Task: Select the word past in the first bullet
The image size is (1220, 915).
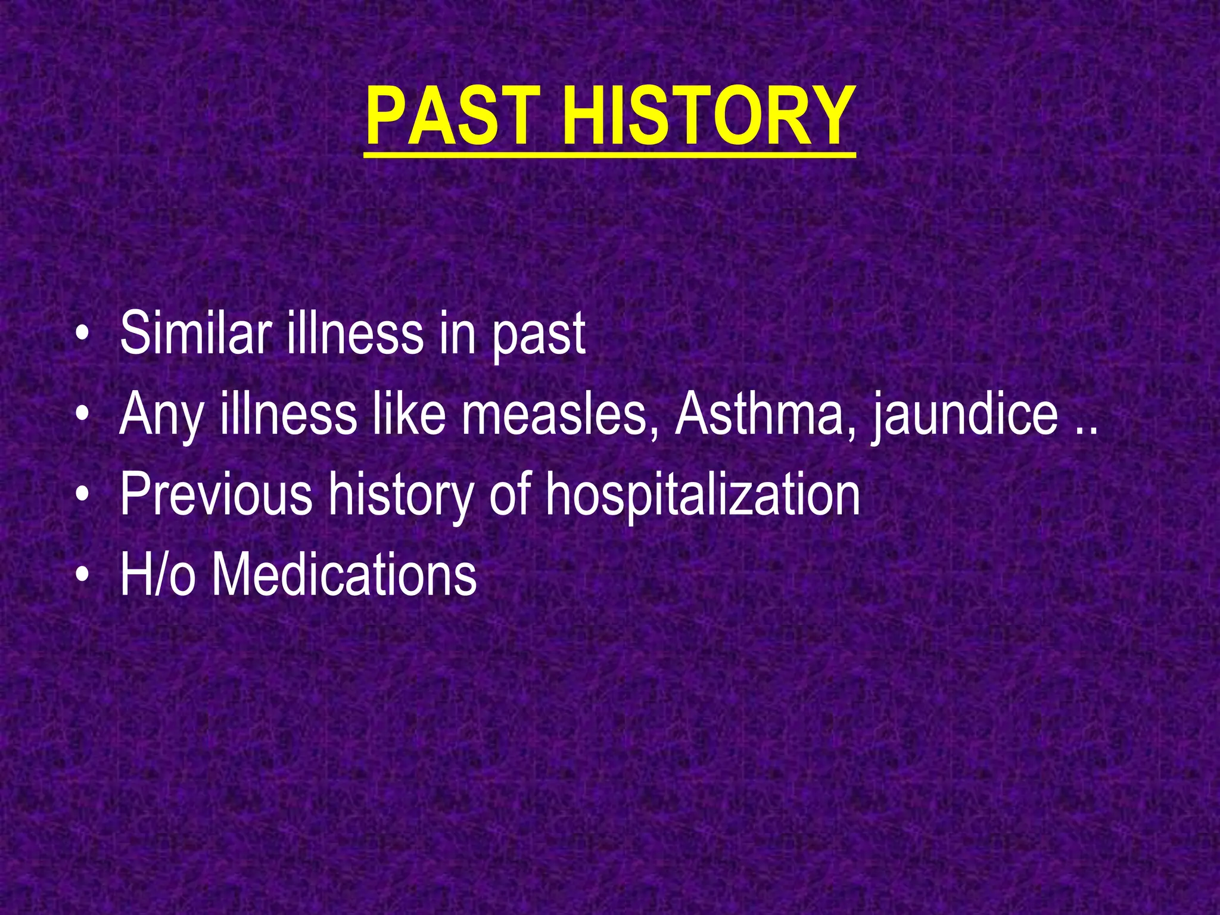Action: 539,337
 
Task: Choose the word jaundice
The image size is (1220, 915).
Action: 966,417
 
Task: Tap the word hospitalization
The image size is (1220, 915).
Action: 703,496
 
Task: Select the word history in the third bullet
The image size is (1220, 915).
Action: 402,496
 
